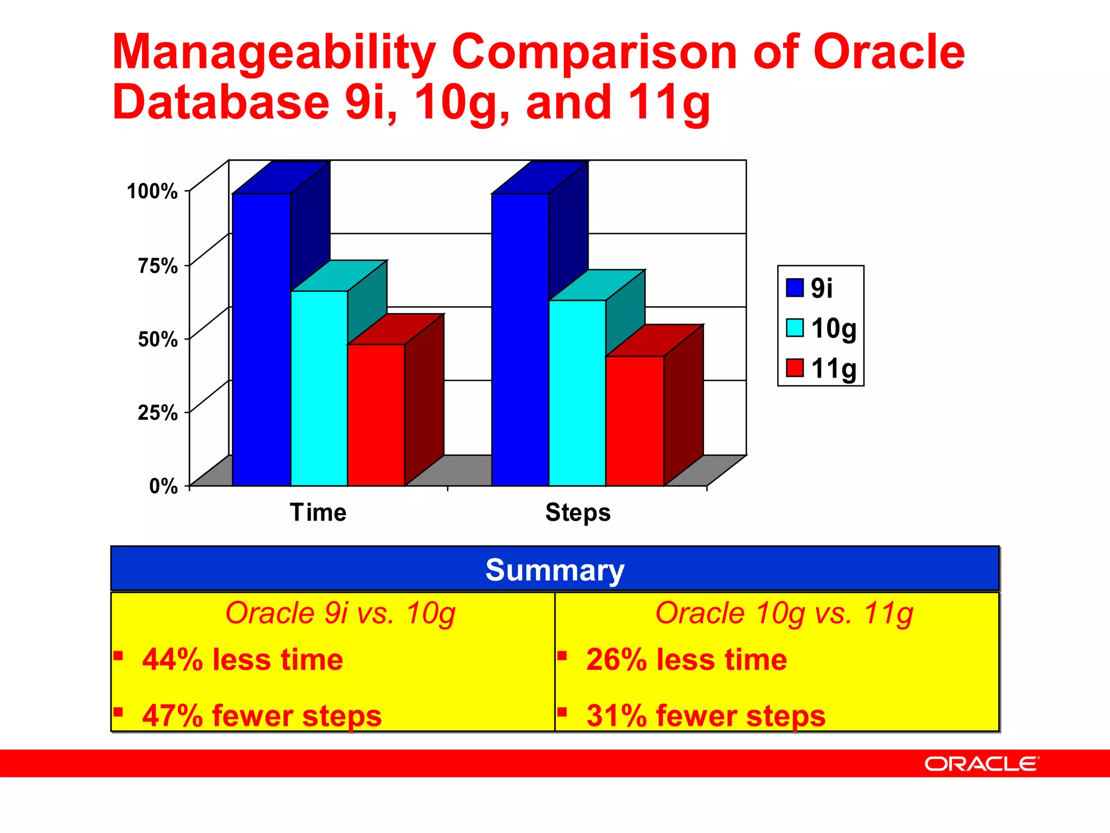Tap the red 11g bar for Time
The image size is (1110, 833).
tap(376, 415)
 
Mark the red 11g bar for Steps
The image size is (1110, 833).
tap(634, 420)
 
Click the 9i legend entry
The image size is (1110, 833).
tap(821, 287)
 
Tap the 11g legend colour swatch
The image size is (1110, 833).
tap(795, 368)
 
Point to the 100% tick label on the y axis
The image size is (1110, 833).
tap(152, 191)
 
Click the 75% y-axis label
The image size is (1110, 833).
tap(158, 266)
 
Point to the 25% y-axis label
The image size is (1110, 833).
tap(158, 413)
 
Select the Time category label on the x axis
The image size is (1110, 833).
tap(318, 512)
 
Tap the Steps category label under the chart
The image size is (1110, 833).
tap(578, 512)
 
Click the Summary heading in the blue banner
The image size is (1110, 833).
tap(554, 570)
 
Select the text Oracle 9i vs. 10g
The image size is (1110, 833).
tap(340, 613)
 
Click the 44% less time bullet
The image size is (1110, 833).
tap(242, 659)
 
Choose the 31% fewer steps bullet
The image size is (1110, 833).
tap(706, 715)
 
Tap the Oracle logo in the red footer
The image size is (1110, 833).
tap(982, 764)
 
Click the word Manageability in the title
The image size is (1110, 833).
tap(274, 52)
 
